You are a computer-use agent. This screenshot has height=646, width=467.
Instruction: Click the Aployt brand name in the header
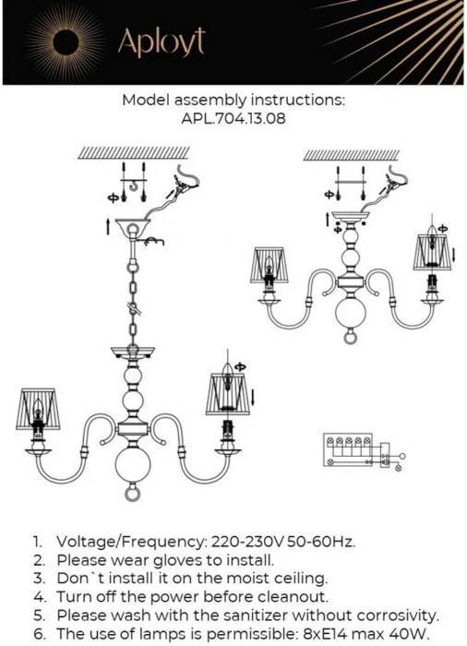[162, 42]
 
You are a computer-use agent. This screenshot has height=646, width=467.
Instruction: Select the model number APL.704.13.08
[233, 119]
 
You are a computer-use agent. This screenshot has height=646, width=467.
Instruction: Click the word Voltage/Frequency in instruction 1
[131, 542]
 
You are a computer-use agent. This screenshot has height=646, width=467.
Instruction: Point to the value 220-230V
[247, 542]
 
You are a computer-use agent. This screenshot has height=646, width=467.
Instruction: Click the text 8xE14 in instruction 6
[323, 634]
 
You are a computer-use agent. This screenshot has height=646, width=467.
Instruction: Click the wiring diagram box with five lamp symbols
[348, 450]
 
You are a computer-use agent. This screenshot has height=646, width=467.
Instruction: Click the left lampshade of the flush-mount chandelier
[269, 266]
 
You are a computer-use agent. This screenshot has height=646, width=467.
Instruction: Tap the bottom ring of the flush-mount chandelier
[350, 337]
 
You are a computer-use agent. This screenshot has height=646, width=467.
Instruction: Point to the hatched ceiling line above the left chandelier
[134, 153]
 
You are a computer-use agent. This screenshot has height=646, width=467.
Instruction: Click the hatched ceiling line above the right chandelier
[352, 155]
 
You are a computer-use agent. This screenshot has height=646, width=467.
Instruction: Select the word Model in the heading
[146, 100]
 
